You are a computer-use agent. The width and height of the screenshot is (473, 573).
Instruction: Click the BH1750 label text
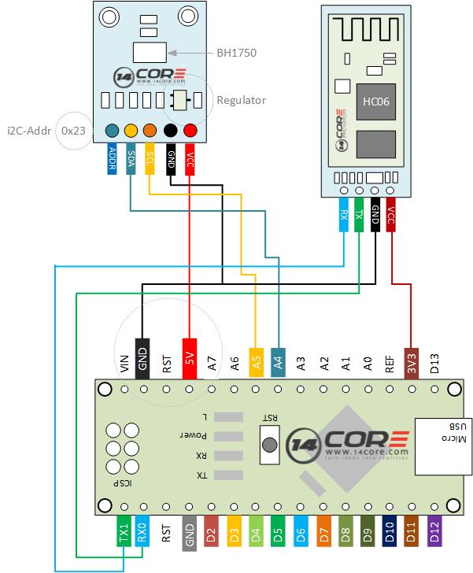(x=236, y=54)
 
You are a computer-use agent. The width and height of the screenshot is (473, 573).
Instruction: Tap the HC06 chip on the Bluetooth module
(x=371, y=102)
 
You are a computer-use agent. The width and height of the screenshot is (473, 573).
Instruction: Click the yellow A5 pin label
(x=255, y=359)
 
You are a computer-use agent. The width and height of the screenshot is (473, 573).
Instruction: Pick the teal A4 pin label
(x=277, y=359)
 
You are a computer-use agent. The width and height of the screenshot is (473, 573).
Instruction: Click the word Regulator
(x=241, y=100)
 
